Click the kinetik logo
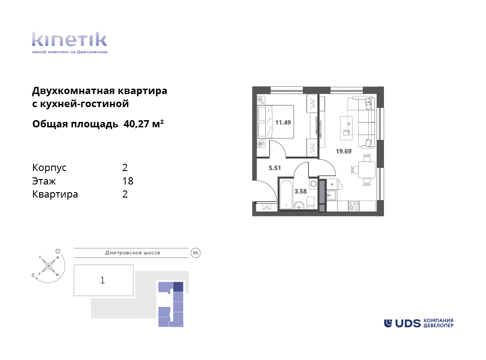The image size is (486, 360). (69, 43)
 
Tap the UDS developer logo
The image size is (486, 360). (419, 323)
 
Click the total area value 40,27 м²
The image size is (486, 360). (143, 124)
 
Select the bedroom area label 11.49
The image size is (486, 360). (283, 122)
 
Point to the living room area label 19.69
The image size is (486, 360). (343, 152)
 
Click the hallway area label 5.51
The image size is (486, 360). (275, 168)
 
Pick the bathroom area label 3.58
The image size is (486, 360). (300, 192)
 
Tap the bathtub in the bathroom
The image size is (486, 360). (286, 194)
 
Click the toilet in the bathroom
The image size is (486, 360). (311, 203)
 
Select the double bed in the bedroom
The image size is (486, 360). (276, 121)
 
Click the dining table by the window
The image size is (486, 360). (367, 170)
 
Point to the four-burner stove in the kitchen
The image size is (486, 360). (354, 206)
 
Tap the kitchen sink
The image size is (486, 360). (332, 195)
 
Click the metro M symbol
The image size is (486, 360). (195, 253)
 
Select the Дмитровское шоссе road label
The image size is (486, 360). (133, 253)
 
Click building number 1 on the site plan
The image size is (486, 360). (103, 280)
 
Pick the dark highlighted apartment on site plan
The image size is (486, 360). (178, 287)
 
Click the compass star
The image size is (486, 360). (49, 265)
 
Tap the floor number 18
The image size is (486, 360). (128, 181)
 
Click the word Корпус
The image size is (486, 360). (49, 168)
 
